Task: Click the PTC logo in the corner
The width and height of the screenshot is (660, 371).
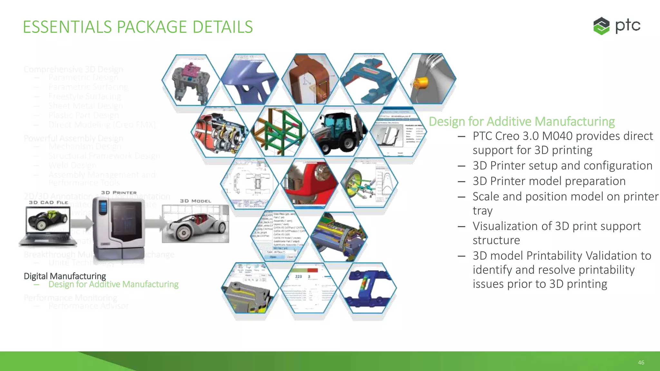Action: click(616, 26)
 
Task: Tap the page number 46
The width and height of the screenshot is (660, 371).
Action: click(641, 363)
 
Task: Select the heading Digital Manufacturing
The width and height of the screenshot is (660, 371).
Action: click(65, 276)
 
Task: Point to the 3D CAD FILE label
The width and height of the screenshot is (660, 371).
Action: click(48, 203)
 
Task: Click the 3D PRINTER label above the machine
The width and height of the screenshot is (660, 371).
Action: click(119, 193)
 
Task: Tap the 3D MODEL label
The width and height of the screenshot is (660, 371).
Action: click(196, 201)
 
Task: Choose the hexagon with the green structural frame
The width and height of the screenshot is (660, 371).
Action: click(279, 131)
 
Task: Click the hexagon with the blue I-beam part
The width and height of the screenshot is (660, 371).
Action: click(368, 288)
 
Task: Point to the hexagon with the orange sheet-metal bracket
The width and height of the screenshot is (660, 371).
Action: click(310, 79)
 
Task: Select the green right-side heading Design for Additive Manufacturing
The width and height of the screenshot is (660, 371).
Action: click(522, 121)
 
